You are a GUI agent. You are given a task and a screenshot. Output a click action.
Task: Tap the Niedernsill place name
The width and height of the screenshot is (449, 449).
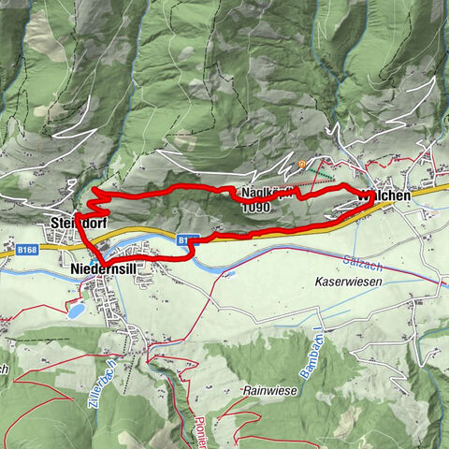[x=105, y=268]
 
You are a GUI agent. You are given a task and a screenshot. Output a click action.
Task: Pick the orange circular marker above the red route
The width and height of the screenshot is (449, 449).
[x=302, y=166]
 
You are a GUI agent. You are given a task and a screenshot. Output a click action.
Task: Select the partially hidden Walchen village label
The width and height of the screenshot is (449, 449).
[x=386, y=196]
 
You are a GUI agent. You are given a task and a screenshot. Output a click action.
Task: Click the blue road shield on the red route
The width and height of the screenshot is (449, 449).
[x=184, y=240]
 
